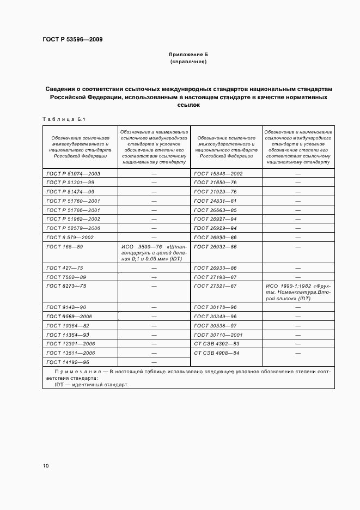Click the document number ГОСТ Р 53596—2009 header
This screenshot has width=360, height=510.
point(72,40)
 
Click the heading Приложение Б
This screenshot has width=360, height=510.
point(188,55)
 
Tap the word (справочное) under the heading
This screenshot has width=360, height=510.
point(188,62)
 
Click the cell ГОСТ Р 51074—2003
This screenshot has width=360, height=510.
point(74,173)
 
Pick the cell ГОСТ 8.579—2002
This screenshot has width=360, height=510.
point(70,238)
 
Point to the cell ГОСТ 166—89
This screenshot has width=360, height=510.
point(64,247)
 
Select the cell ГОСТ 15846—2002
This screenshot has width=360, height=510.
point(218,173)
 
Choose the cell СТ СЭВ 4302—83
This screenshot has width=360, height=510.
point(217,344)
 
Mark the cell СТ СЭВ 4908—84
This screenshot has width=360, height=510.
point(217,353)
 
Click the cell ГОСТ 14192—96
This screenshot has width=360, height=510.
point(68,362)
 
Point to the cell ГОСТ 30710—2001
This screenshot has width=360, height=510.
point(218,335)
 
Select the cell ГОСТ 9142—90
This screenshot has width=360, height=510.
point(66,307)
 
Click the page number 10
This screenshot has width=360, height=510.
point(46,466)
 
